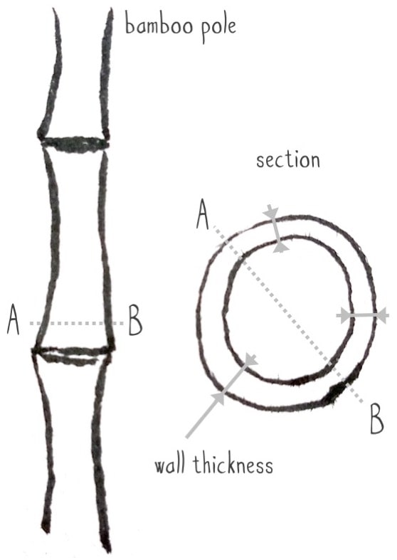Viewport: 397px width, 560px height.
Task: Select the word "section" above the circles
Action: coord(288,160)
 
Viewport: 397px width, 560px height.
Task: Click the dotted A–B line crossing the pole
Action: coord(76,324)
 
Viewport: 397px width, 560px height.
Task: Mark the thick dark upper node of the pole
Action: coord(74,144)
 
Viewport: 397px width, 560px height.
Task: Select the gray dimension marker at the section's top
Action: coord(275,228)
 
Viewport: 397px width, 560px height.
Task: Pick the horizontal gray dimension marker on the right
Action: coord(363,316)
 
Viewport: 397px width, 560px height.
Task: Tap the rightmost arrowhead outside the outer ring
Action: coord(383,316)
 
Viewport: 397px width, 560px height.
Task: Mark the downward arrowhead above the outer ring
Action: coord(271,211)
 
